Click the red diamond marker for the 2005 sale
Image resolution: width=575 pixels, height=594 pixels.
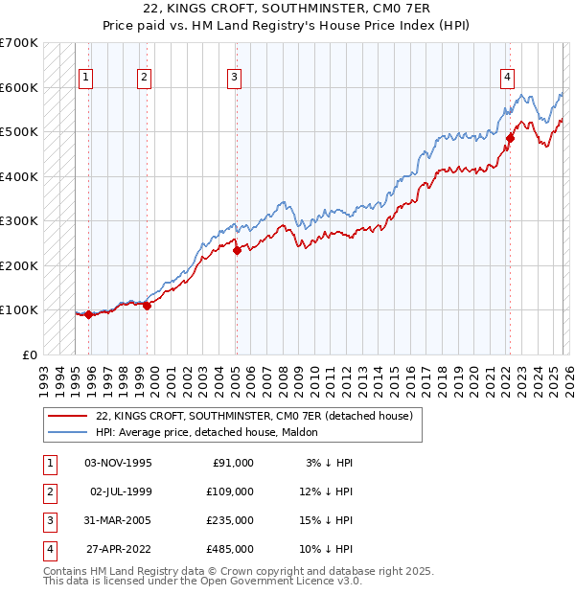pos(237,251)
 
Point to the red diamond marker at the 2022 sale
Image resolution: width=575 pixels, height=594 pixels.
pos(511,139)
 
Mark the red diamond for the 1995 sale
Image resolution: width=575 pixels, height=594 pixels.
pos(88,314)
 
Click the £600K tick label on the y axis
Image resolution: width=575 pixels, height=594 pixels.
pos(18,87)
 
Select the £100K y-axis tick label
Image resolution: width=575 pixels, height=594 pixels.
pos(18,310)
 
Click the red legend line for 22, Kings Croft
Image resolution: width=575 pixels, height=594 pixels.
pos(67,416)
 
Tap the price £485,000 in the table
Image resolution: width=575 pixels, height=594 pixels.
pos(229,549)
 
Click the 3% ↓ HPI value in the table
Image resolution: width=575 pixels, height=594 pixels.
pos(327,463)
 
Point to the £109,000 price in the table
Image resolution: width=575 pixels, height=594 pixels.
pos(229,491)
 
